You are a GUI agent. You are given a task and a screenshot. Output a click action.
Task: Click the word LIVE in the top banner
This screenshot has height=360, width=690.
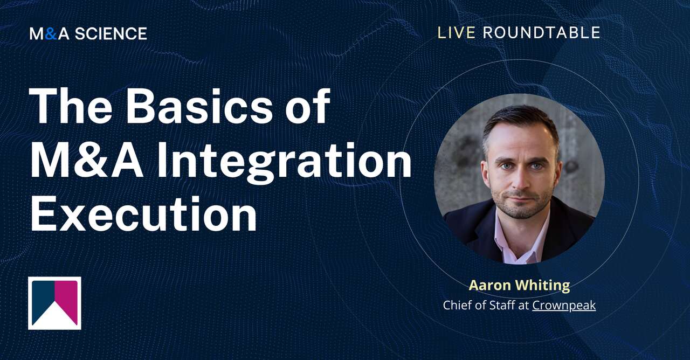click(456, 33)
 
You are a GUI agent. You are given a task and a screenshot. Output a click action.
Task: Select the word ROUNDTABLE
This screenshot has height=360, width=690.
click(541, 33)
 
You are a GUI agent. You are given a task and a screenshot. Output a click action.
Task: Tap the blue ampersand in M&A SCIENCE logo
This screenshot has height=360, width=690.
click(51, 34)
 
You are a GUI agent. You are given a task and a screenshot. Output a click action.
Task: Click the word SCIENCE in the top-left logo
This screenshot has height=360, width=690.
click(111, 34)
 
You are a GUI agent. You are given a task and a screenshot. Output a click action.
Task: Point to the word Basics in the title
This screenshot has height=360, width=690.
click(199, 106)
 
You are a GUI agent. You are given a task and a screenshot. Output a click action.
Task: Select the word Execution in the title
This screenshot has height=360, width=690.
click(143, 214)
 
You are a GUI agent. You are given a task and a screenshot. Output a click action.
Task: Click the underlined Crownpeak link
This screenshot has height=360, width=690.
click(564, 305)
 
